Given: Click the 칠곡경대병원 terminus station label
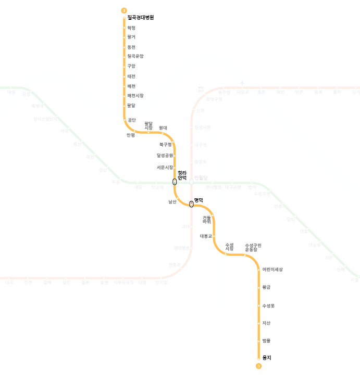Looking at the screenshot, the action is (141, 18).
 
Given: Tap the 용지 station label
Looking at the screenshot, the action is (267, 357).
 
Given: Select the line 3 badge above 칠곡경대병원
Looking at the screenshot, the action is (124, 10).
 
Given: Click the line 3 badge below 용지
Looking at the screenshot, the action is (258, 366).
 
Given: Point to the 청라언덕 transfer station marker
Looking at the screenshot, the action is (175, 182).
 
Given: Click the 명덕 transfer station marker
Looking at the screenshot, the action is (191, 204).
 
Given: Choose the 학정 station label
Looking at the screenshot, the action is (131, 28).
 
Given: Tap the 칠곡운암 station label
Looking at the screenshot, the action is (135, 56).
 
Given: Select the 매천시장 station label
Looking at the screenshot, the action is (135, 96).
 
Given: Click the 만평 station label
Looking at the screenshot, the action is (131, 135).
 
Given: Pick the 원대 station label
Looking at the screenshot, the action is (163, 127).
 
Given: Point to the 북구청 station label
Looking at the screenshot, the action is (166, 144).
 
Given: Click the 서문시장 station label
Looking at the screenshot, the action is (165, 168).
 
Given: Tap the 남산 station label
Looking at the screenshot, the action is (172, 201).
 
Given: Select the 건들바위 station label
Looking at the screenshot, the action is (207, 220).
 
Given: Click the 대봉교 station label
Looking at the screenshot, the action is (206, 236).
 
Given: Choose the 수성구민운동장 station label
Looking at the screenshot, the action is (253, 247).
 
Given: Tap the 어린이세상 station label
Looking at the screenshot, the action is (272, 270).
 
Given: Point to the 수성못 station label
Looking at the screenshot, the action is (268, 305).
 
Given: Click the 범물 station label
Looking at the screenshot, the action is (266, 340).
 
